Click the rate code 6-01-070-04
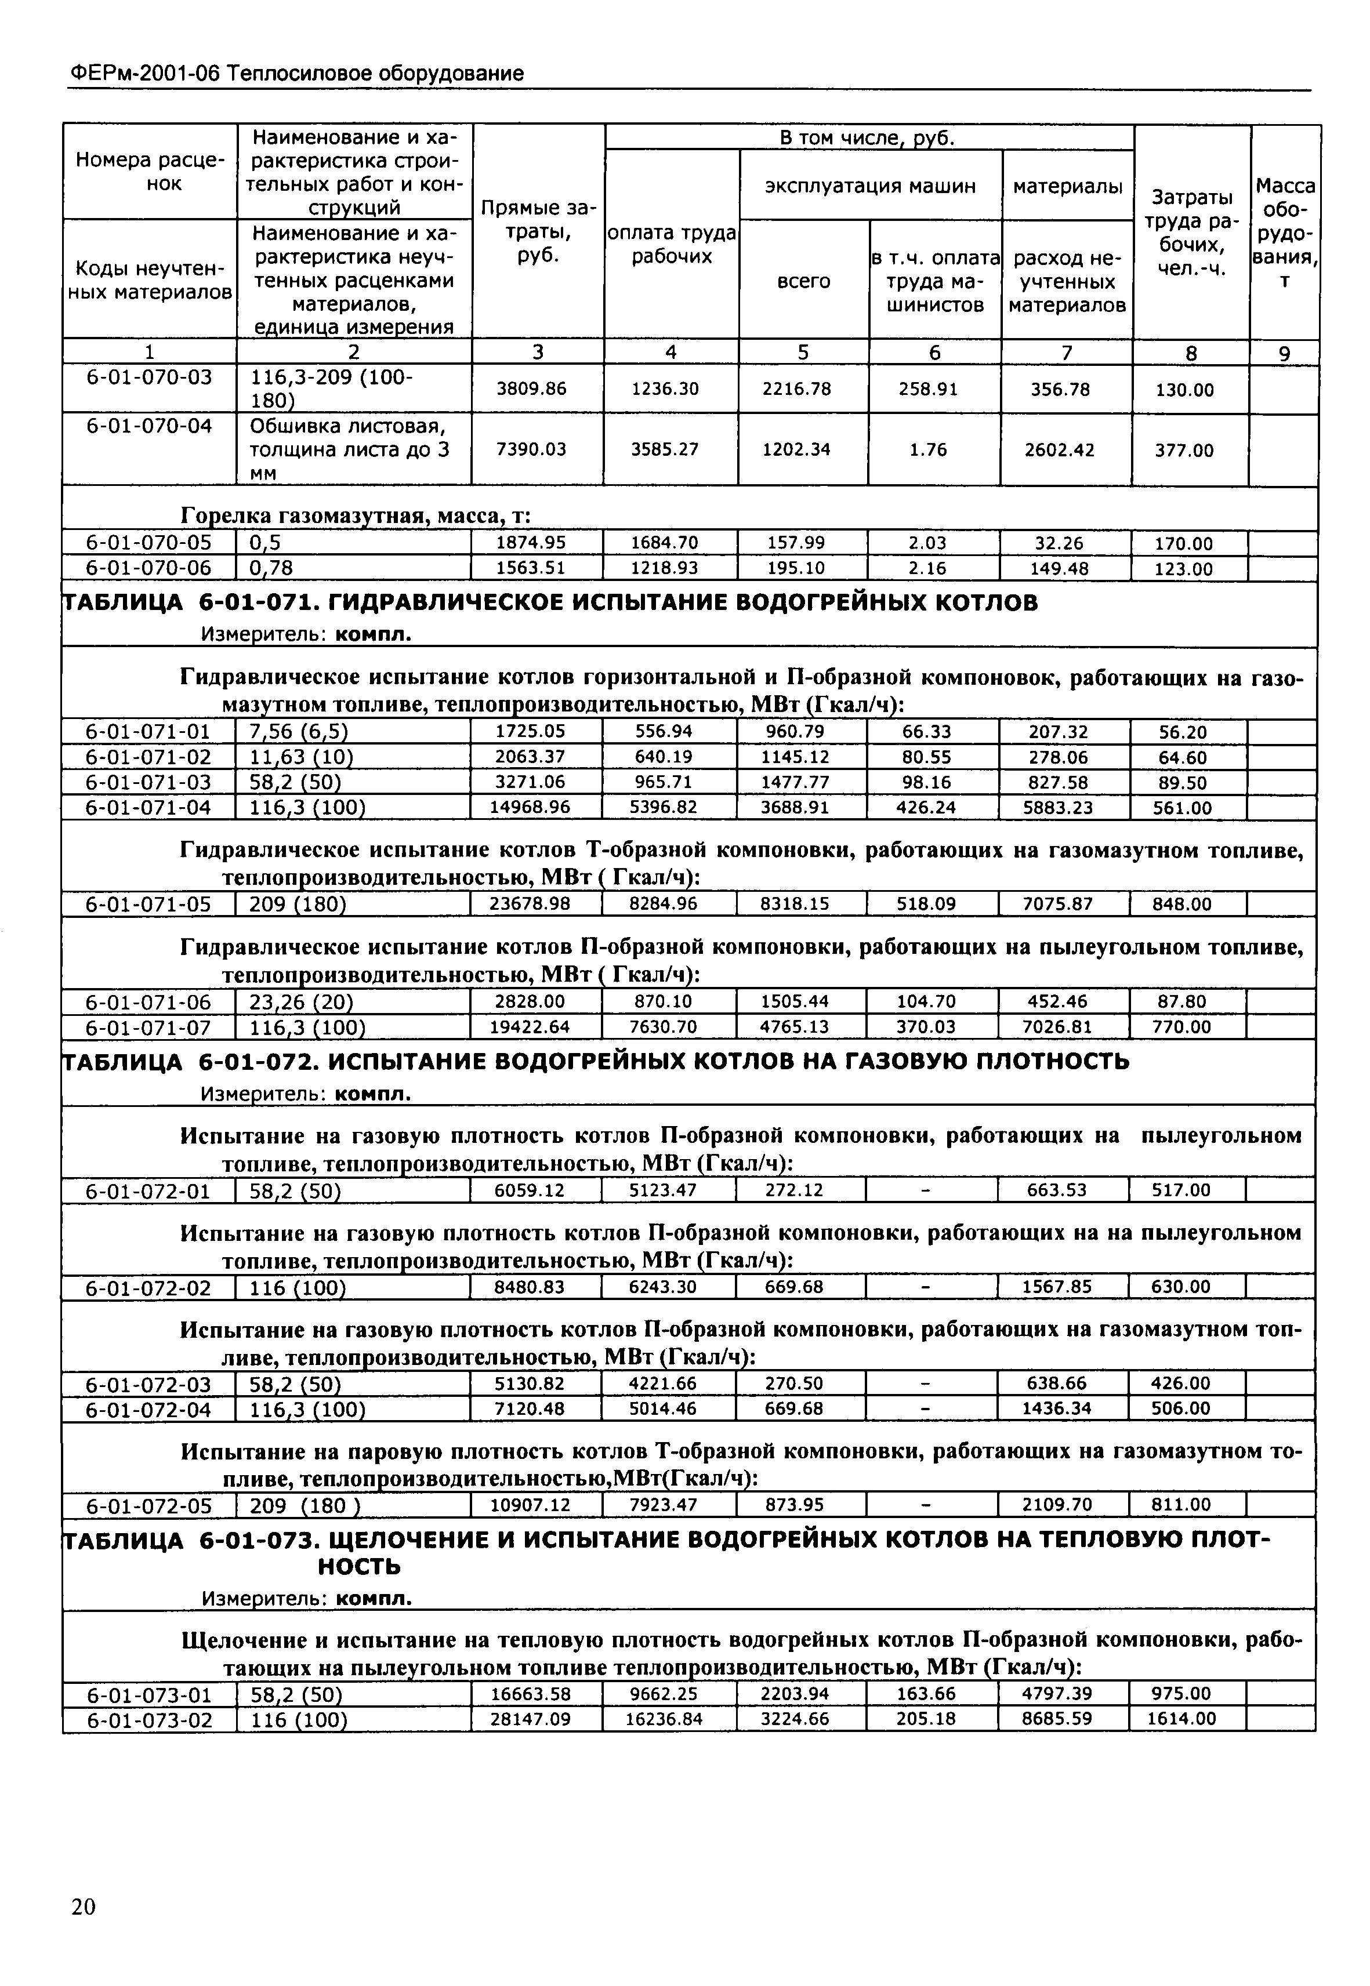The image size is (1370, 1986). coord(150,426)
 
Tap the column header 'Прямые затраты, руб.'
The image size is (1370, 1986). coord(538,232)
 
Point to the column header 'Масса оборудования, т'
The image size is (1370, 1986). coord(1284,233)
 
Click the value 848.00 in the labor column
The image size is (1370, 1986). coord(1183,905)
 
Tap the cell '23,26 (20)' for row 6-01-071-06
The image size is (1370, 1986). coord(301,1001)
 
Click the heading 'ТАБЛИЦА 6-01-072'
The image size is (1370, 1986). coord(596,1062)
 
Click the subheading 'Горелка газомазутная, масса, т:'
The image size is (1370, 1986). coord(356,516)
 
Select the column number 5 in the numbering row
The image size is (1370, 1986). coord(803,352)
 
